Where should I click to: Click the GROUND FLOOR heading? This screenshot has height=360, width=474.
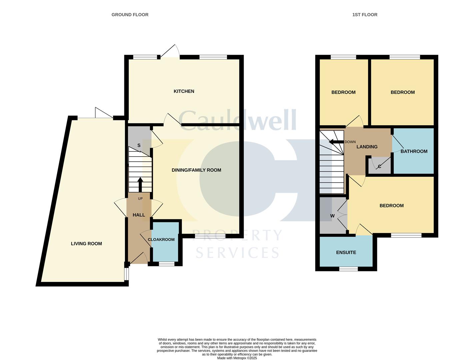130,15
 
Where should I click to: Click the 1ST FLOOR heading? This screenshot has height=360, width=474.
365,15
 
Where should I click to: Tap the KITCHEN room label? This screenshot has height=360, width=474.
184,91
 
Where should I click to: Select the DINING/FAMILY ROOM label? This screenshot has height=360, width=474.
196,170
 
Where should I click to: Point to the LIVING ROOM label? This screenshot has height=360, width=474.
86,244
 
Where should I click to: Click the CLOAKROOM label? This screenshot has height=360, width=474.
161,239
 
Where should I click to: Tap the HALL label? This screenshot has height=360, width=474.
139,215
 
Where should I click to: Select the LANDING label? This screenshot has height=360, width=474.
367,147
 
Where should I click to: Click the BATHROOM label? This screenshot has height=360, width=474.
414,151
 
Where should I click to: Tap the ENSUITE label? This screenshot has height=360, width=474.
346,253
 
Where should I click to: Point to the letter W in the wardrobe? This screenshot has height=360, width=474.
332,216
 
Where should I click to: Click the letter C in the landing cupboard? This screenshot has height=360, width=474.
379,167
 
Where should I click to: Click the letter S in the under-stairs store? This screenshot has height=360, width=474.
139,145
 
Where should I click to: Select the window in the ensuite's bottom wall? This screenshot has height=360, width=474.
348,269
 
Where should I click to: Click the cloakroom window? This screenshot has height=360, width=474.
167,264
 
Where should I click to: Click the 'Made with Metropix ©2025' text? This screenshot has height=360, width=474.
237,358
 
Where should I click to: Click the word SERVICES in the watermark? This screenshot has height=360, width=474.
237,253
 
